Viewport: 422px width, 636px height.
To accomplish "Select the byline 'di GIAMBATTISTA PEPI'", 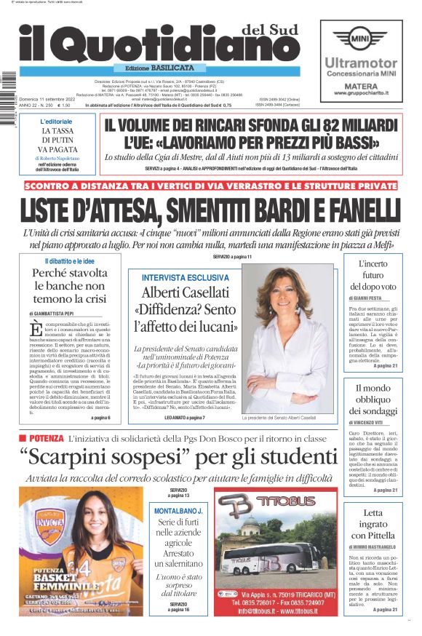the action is (x=60, y=311).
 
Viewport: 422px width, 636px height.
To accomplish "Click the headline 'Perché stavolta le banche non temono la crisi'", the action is (x=69, y=285).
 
